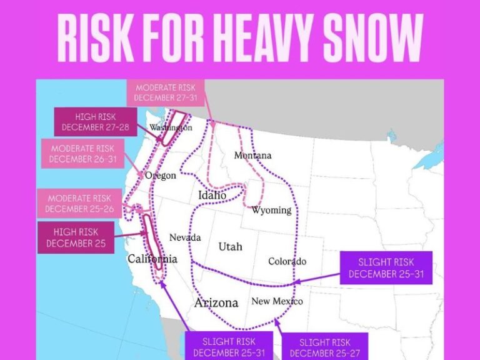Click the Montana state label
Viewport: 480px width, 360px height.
click(252, 155)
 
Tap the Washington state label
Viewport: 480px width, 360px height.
click(171, 128)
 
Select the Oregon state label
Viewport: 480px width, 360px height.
click(161, 176)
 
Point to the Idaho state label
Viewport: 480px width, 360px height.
click(212, 196)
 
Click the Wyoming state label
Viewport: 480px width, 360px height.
click(271, 210)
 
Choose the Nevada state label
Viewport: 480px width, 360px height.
click(185, 238)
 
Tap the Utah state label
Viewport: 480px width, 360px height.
click(230, 247)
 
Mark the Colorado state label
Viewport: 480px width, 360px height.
click(287, 261)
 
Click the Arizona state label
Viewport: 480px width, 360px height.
click(216, 302)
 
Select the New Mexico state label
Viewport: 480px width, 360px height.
click(277, 301)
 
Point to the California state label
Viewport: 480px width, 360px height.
click(152, 259)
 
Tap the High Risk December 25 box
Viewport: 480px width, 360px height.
click(76, 237)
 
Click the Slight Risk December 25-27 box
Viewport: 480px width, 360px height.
click(324, 347)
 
